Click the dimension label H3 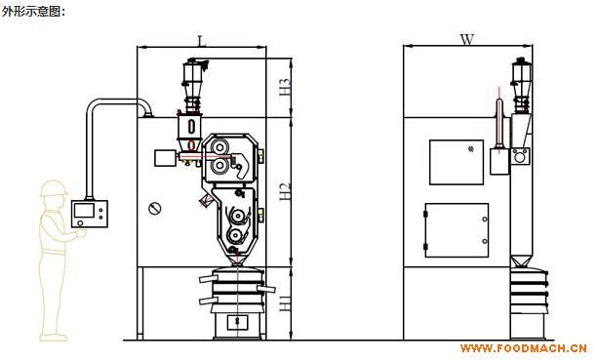(285, 87)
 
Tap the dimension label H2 (285, 191)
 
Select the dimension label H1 (285, 302)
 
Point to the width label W (467, 39)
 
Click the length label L (201, 40)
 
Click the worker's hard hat (53, 188)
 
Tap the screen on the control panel (84, 211)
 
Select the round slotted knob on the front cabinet (154, 209)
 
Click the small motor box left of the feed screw (165, 158)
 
